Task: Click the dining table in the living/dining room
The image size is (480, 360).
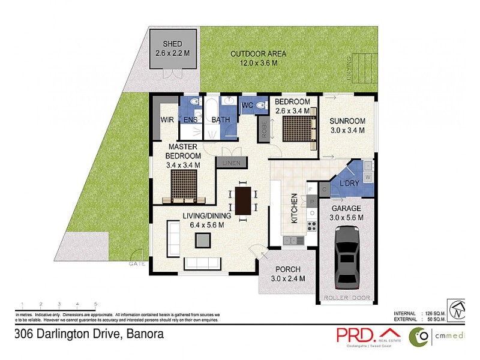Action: [x=243, y=200]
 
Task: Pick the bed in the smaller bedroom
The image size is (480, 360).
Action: [x=297, y=130]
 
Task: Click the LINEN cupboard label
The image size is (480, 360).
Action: [x=231, y=163]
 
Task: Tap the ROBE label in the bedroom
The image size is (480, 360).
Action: [x=263, y=131]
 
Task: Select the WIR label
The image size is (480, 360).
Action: [x=167, y=120]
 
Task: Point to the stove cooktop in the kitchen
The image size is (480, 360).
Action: [x=311, y=226]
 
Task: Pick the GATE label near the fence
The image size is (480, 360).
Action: [x=136, y=264]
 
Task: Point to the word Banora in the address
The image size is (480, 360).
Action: [x=142, y=334]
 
